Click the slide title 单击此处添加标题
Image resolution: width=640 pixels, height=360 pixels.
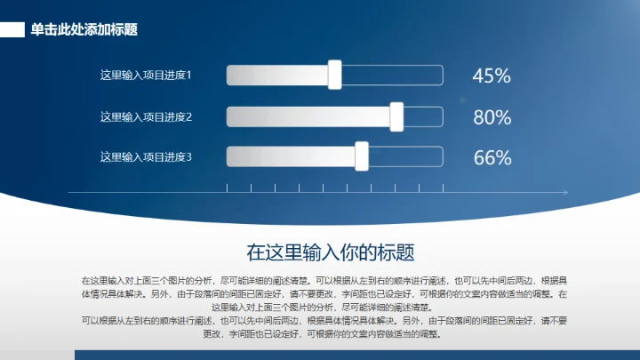(x=84, y=29)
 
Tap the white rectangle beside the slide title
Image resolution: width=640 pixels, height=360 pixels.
(x=12, y=30)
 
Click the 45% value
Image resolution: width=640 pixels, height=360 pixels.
(x=492, y=76)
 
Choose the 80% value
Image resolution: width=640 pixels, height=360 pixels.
(x=492, y=117)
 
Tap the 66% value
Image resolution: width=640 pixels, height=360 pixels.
(x=492, y=158)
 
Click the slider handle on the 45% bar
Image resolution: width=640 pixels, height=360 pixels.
(x=335, y=76)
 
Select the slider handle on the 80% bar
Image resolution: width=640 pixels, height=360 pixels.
(x=396, y=116)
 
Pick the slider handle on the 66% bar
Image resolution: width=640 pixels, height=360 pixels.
(x=362, y=157)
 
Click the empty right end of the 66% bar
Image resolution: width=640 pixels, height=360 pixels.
(x=405, y=157)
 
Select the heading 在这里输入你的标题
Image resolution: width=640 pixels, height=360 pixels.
(x=331, y=252)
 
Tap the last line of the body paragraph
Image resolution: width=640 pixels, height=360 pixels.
(x=321, y=334)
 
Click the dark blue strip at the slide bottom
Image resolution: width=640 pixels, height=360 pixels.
(x=356, y=355)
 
